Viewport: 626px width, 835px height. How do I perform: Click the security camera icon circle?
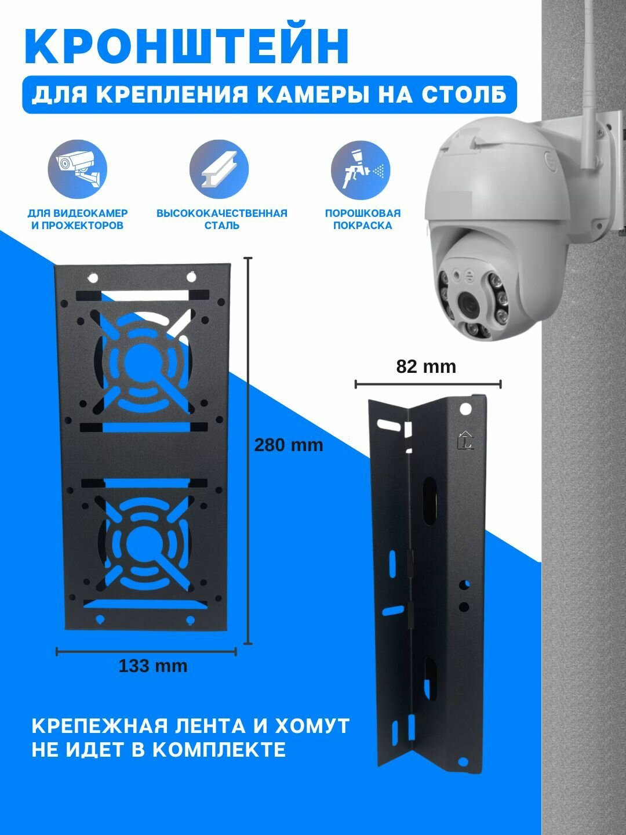point(77,169)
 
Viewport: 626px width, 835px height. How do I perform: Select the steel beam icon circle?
point(219,169)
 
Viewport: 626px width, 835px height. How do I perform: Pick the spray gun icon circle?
point(361,169)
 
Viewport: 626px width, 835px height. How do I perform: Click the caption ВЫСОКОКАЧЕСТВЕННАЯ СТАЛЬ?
point(221,219)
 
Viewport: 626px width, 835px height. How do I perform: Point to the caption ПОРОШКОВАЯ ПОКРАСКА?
point(362,219)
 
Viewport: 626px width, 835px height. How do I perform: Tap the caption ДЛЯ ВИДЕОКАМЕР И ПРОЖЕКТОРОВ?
point(78,219)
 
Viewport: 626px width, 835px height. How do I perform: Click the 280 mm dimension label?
point(289,445)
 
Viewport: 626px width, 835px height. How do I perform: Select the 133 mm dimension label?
point(153,666)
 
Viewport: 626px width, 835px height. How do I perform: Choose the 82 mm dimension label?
point(426,366)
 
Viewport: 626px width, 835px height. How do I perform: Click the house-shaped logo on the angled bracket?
point(465,440)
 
